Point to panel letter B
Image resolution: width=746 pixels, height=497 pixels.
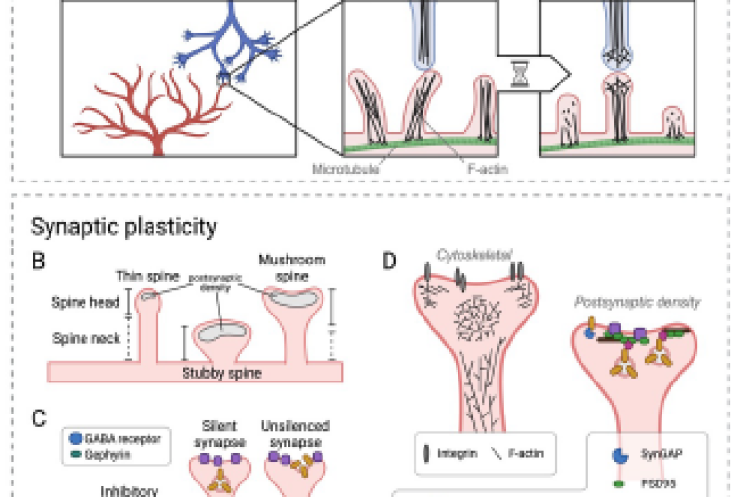(38, 260)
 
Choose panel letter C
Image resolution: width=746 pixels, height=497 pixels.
(38, 418)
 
